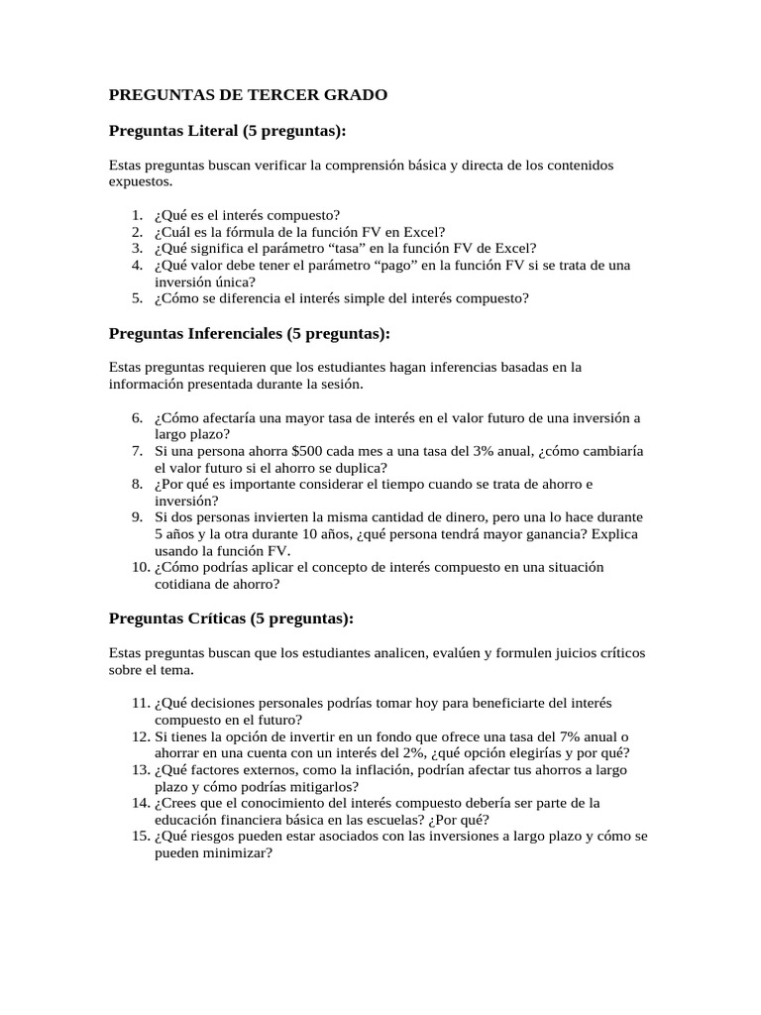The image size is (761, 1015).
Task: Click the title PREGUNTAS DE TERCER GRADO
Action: [x=248, y=95]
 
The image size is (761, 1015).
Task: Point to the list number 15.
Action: [x=140, y=837]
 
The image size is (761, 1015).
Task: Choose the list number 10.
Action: [x=140, y=567]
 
